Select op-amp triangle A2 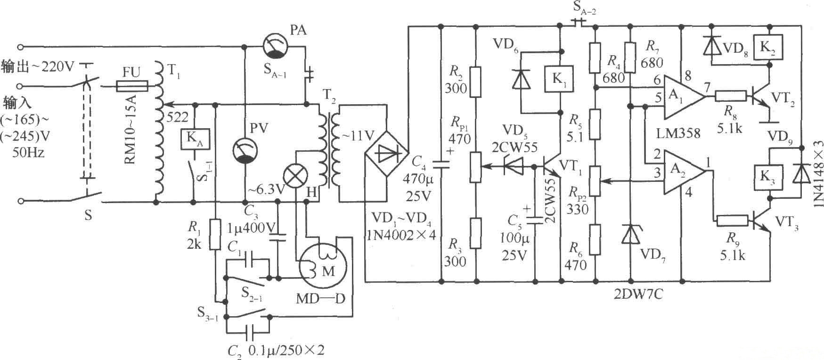[682, 172]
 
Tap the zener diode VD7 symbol [630, 234]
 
